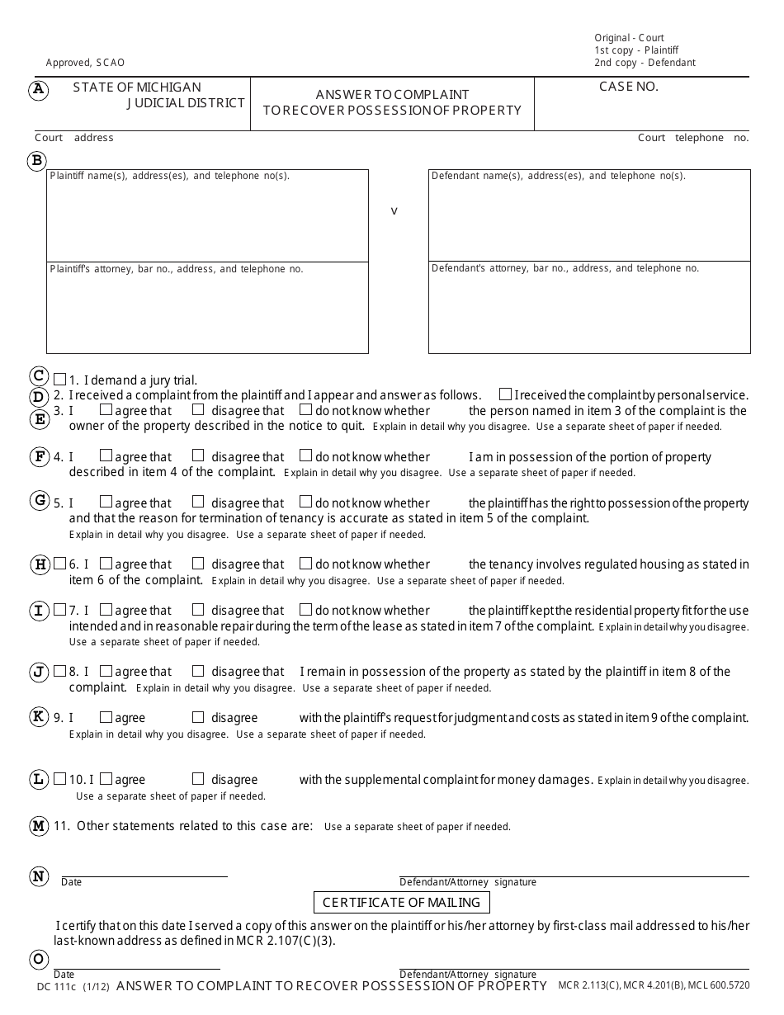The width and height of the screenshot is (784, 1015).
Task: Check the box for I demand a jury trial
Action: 59,380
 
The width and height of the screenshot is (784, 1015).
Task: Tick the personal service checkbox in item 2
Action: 505,394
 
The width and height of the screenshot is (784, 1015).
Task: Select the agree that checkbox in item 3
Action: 106,409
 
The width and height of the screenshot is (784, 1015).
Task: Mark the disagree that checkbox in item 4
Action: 198,456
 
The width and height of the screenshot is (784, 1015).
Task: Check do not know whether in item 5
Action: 305,502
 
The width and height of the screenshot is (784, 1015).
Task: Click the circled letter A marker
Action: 38,91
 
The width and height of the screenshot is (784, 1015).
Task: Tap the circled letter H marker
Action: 40,564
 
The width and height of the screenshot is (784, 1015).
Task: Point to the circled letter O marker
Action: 38,959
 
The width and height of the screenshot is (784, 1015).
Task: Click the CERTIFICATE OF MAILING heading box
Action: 401,903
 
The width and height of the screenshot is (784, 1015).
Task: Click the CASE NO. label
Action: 628,87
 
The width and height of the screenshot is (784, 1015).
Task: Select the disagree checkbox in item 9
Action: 198,717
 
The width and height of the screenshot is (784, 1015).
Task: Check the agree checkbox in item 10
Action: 106,779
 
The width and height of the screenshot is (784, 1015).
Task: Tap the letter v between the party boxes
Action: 394,211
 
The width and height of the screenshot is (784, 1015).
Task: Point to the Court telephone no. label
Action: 692,138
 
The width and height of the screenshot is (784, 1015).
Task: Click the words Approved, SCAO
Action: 86,63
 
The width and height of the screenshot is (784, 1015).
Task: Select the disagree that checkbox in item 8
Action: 198,671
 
